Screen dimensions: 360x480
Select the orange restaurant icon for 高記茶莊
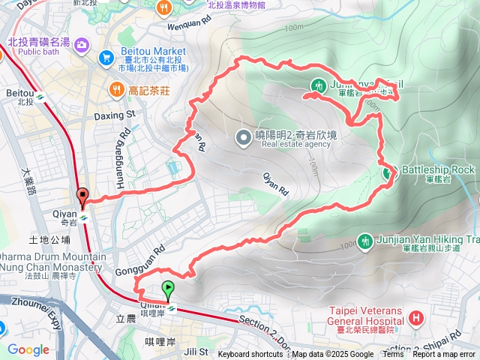tap(116, 90)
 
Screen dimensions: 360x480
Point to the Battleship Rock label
tap(439, 169)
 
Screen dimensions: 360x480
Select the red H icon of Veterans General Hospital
tap(417, 321)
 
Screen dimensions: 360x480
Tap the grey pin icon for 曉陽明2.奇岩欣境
tap(243, 136)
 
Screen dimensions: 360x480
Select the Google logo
tap(28, 349)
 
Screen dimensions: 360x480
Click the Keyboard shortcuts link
tap(250, 355)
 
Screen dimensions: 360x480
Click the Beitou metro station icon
tap(42, 96)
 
